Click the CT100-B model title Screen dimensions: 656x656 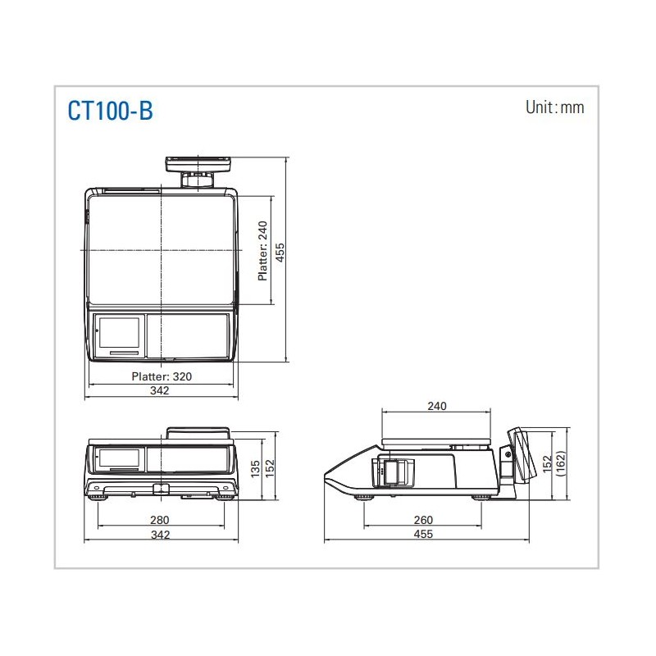111,111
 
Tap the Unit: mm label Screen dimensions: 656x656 555,107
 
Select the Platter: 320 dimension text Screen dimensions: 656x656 162,376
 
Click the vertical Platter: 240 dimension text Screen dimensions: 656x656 262,251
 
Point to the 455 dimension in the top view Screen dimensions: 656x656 280,253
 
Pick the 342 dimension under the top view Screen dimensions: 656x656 159,391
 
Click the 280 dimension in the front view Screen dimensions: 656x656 159,520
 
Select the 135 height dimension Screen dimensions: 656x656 255,469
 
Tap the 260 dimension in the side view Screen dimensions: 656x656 423,520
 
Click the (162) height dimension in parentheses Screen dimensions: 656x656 561,463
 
